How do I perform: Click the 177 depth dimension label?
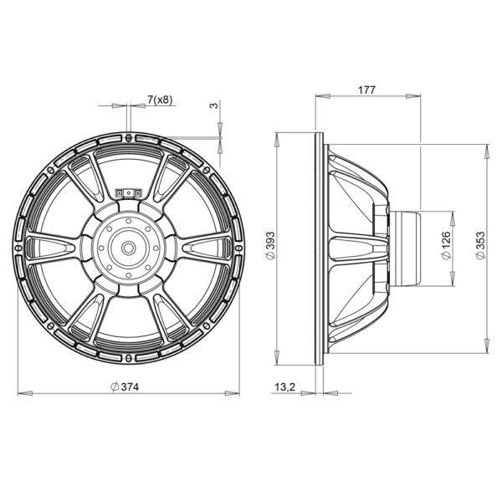click(366, 90)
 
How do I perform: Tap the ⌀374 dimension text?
click(125, 387)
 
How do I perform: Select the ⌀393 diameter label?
click(270, 245)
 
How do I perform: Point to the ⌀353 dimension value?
click(480, 245)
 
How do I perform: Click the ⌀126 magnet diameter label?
click(446, 245)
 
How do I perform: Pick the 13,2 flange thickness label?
click(284, 387)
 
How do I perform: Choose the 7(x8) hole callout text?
click(160, 100)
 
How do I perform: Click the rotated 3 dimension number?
click(214, 105)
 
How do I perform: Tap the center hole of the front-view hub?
click(129, 248)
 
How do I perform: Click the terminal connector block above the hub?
click(128, 192)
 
